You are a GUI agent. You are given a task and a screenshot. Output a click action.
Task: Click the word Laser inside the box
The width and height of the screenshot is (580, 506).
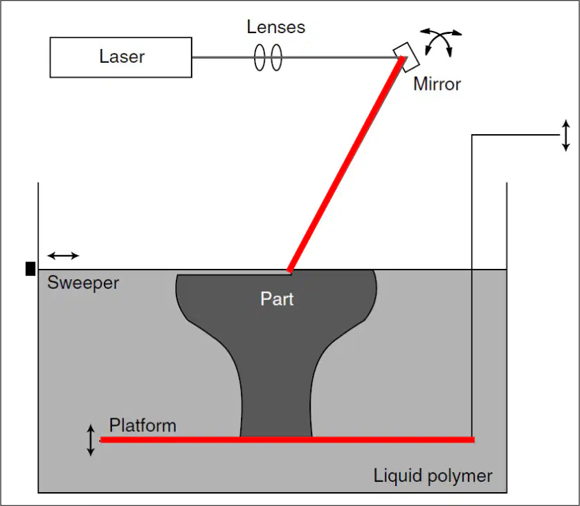click(x=122, y=57)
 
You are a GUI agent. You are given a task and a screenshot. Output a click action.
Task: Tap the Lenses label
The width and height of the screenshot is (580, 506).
click(x=276, y=27)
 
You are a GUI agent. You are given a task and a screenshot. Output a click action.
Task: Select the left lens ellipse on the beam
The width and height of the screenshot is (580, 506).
click(x=260, y=57)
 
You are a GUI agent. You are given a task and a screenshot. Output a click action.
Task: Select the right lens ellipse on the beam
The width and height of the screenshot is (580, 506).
click(x=276, y=57)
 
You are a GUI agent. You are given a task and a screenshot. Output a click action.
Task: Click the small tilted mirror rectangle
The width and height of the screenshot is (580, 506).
click(x=406, y=57)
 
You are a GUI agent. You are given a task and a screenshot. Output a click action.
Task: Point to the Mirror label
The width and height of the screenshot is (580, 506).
click(x=437, y=84)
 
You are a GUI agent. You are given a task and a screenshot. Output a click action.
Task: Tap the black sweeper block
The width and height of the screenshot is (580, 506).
click(x=30, y=268)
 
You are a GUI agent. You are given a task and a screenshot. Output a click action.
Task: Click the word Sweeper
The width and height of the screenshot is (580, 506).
click(x=83, y=283)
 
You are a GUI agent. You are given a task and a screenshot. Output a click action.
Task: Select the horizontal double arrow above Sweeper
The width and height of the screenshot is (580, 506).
click(x=63, y=255)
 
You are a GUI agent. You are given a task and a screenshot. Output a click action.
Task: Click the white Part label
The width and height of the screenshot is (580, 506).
click(x=277, y=299)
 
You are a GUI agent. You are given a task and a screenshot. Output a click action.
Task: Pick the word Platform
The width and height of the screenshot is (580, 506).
click(x=143, y=426)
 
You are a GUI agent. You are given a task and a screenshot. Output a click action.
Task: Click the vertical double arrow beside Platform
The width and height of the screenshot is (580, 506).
click(x=91, y=440)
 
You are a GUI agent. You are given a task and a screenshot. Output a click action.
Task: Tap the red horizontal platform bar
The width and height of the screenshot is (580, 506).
click(x=287, y=440)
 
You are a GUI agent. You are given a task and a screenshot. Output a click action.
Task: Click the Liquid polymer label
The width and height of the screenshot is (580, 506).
click(x=433, y=476)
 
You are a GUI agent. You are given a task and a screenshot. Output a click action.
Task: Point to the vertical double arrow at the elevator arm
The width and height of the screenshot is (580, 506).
click(x=565, y=135)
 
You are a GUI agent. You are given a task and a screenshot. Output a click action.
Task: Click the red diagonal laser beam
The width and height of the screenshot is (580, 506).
click(x=346, y=165)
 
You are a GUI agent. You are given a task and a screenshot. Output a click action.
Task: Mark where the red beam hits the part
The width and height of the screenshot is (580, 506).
click(x=289, y=272)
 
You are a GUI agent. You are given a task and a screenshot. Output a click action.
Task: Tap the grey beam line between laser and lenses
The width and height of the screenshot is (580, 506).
click(x=223, y=57)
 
